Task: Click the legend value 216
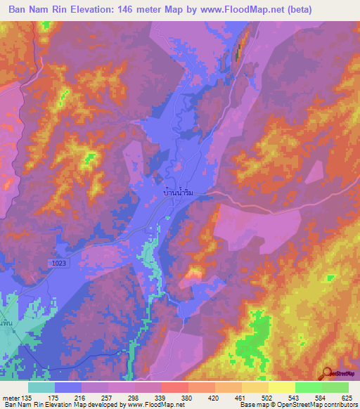(x=80, y=398)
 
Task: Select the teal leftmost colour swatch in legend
(x=41, y=387)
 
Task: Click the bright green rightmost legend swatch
(x=335, y=387)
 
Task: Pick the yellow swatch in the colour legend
(x=281, y=387)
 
